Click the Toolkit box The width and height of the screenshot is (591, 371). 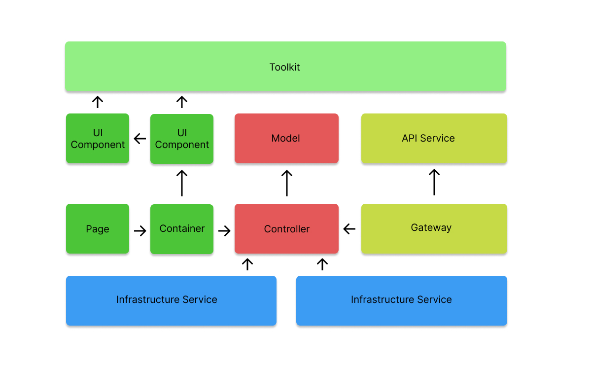[x=285, y=67]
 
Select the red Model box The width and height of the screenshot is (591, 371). [x=286, y=138]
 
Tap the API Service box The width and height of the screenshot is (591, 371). [x=434, y=138]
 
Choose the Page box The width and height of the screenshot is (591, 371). [x=98, y=229]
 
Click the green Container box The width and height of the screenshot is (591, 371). [x=182, y=229]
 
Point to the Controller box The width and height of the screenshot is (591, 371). [x=286, y=229]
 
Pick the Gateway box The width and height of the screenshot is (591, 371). [x=434, y=228]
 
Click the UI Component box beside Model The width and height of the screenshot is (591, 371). [x=182, y=139]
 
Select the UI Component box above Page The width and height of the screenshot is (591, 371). [x=98, y=139]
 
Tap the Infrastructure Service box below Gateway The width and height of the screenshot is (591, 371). [x=401, y=300]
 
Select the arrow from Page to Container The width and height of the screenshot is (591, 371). [x=140, y=231]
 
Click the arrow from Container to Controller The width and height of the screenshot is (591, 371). [x=224, y=231]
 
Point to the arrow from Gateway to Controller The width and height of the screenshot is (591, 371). [x=349, y=229]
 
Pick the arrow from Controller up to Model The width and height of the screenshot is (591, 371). [x=287, y=183]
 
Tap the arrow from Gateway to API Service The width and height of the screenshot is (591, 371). [x=434, y=182]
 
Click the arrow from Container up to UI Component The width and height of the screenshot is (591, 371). [x=182, y=183]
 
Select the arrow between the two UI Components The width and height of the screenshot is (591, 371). [x=140, y=139]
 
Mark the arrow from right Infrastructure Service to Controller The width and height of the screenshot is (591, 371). [x=322, y=264]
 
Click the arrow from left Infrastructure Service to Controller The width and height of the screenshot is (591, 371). [x=247, y=264]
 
